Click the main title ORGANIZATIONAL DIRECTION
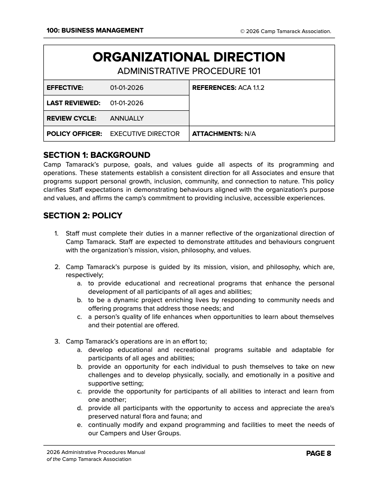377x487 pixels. point(188,57)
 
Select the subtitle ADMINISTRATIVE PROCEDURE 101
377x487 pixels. point(188,71)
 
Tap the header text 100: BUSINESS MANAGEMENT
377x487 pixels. point(95,31)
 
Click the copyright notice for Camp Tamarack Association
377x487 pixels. point(286,31)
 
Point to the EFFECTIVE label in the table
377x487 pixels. point(65,88)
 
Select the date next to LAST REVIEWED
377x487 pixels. point(126,103)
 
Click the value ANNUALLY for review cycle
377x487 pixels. point(126,118)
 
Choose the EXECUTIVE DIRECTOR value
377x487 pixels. point(145,134)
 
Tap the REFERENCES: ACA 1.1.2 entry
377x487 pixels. point(228,88)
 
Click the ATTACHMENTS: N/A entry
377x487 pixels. point(223,134)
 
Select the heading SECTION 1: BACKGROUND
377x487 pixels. point(97,155)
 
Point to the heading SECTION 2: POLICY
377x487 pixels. point(83,216)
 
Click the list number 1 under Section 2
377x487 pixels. point(56,233)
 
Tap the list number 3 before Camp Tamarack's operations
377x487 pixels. point(56,341)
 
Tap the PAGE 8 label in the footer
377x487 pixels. point(318,453)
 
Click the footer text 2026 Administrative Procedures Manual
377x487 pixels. point(96,452)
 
